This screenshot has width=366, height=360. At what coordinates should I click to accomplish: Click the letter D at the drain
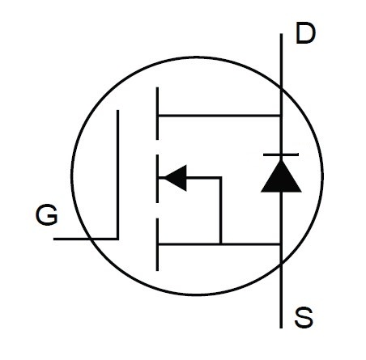(305, 33)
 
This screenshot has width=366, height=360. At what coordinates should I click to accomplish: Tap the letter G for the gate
(47, 215)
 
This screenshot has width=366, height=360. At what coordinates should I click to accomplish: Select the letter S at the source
(304, 317)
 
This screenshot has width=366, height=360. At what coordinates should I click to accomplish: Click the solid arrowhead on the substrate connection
(176, 178)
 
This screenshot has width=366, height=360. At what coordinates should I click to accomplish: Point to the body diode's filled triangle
(281, 176)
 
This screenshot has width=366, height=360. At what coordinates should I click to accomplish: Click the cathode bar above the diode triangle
(281, 155)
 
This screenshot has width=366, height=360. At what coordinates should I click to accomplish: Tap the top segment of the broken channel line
(157, 113)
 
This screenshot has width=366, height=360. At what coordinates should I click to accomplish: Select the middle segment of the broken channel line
(157, 178)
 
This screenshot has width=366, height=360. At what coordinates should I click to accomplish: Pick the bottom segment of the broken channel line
(157, 244)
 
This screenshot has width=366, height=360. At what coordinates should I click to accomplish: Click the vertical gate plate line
(117, 175)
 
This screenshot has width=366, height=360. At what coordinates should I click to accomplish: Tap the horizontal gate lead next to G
(86, 239)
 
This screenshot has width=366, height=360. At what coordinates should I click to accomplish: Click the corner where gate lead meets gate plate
(117, 239)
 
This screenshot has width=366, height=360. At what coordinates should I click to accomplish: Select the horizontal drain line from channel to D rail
(219, 116)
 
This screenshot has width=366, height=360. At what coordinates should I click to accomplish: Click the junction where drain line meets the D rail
(281, 116)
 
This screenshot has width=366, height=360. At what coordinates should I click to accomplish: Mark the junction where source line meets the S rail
(281, 244)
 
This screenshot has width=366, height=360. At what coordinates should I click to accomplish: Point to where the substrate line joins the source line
(221, 244)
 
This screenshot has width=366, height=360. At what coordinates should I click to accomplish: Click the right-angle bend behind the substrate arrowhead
(221, 178)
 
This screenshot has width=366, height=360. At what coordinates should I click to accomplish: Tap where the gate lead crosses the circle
(89, 239)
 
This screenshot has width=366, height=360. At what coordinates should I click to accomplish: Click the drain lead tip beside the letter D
(281, 34)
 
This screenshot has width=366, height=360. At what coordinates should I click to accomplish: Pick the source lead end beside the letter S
(281, 328)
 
